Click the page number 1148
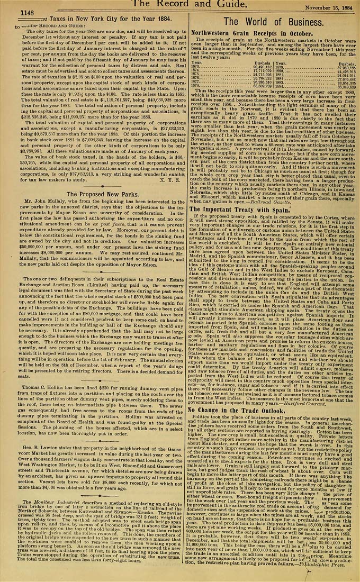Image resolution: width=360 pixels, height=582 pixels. tap(28, 12)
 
